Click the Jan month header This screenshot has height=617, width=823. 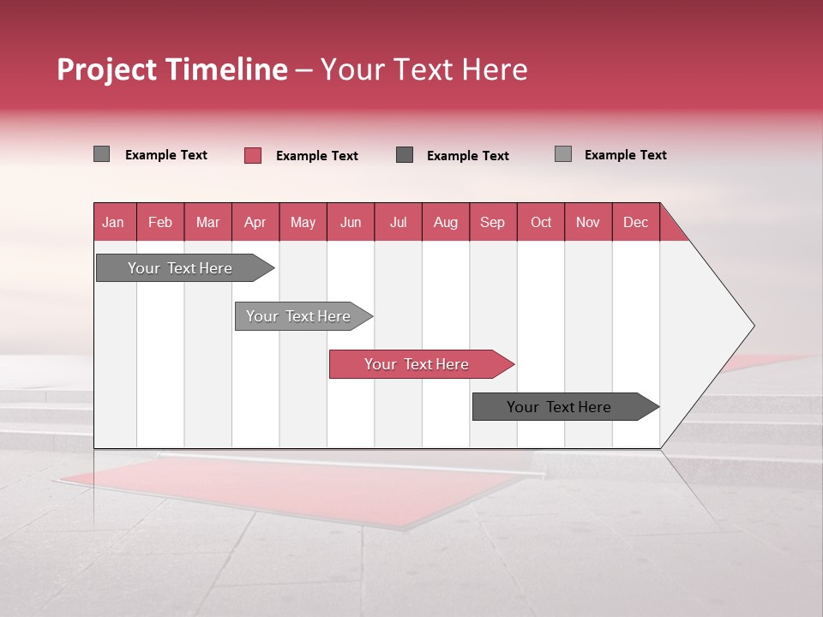pos(114,222)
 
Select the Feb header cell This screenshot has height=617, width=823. pos(160,222)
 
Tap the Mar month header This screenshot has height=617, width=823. pos(207,222)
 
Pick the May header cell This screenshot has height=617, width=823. pos(303,222)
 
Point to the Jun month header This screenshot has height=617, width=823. pos(351,222)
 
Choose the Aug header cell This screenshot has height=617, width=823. pos(445,222)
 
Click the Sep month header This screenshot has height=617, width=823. pos(492,222)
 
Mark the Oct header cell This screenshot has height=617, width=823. pos(540,222)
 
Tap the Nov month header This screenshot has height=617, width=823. pos(588,222)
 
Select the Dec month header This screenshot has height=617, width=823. pos(635,222)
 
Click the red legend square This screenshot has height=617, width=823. pos(253,155)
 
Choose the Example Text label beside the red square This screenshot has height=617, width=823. pos(316,156)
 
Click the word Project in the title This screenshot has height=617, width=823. pos(111,69)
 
